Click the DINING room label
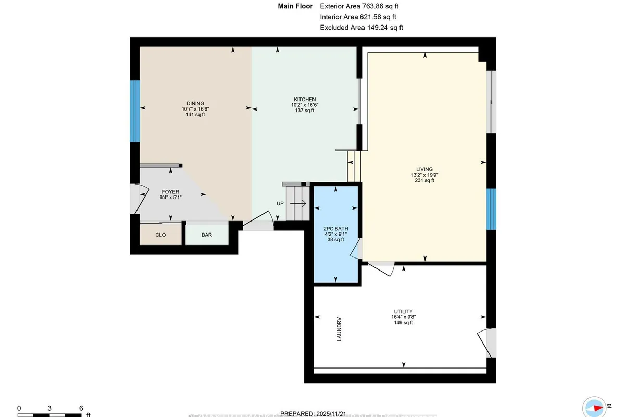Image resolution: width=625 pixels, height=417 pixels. (196, 103)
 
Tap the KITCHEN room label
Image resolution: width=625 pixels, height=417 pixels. (305, 99)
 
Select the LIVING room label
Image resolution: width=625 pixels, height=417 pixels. (422, 169)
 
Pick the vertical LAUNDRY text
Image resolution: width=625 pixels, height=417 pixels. (340, 329)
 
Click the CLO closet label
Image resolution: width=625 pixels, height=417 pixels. (160, 235)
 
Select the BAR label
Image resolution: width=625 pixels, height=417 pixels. (207, 235)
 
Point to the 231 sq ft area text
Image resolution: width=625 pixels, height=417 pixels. (422, 181)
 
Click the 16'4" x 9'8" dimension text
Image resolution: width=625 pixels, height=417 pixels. (404, 316)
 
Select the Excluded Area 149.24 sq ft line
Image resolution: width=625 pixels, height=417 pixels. (361, 28)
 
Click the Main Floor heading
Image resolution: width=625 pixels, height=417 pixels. (295, 6)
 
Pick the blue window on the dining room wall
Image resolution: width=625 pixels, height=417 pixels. (135, 111)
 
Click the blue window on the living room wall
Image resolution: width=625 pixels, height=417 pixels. (491, 208)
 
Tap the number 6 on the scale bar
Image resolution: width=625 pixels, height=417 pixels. (81, 408)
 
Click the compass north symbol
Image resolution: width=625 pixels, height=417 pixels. (594, 407)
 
